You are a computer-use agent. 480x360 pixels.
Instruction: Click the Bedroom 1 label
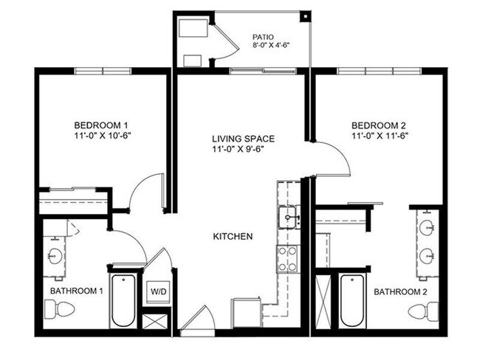click(x=102, y=124)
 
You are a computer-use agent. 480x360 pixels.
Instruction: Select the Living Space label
click(x=243, y=138)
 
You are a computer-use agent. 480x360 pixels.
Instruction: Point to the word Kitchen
click(x=233, y=237)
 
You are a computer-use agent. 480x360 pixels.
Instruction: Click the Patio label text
click(x=263, y=35)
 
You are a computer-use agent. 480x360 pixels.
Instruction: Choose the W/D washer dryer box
click(x=159, y=291)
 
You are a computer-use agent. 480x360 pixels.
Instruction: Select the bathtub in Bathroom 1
click(x=124, y=301)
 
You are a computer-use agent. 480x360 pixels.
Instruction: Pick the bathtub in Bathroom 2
click(x=353, y=301)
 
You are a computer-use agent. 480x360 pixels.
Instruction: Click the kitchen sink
click(x=287, y=218)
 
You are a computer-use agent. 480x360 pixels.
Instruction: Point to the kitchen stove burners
click(x=287, y=258)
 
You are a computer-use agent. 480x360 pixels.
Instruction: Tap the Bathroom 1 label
click(x=76, y=291)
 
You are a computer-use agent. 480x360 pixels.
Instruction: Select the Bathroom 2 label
click(x=400, y=292)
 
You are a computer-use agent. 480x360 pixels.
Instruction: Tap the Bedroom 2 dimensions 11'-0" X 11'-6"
click(x=380, y=136)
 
